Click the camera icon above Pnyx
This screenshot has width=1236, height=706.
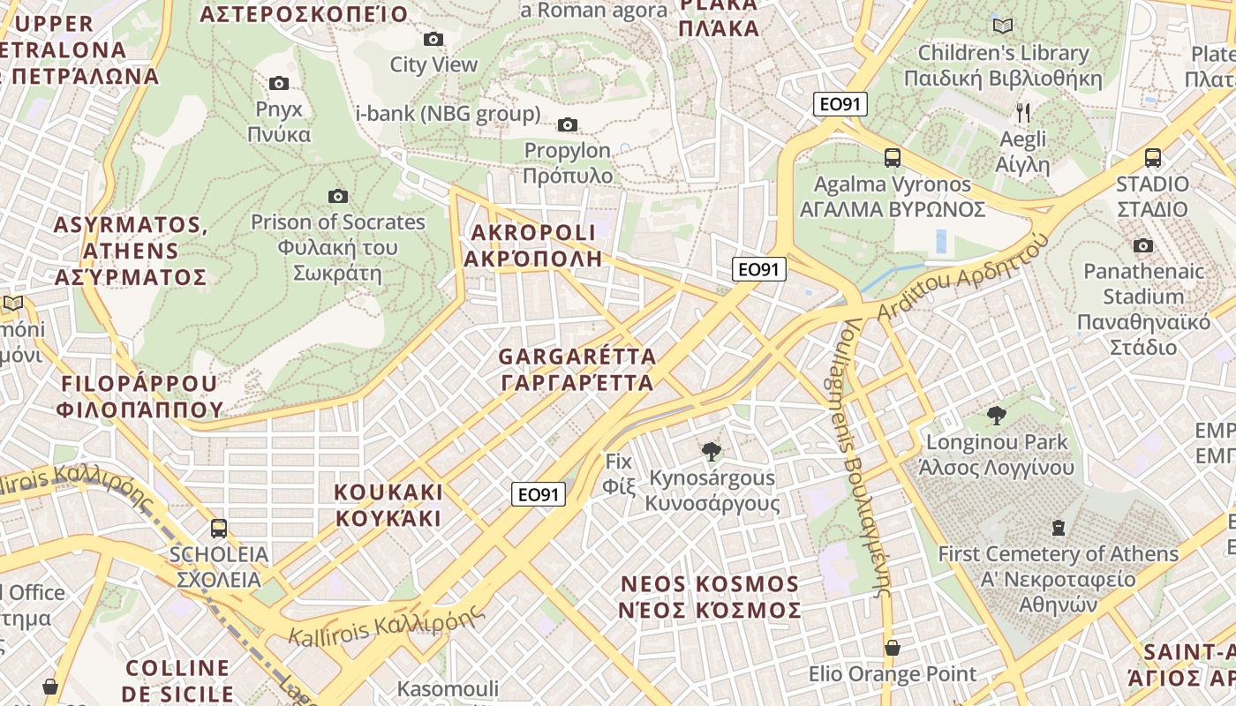click(279, 84)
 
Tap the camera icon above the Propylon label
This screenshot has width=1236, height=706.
click(568, 124)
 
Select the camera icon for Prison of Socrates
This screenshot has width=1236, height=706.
click(337, 196)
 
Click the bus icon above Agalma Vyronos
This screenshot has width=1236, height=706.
click(893, 158)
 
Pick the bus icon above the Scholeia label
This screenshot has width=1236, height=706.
click(219, 529)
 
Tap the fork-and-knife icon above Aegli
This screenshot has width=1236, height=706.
click(1022, 112)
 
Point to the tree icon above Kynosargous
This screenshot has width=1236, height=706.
click(711, 452)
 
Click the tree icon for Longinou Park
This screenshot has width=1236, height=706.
click(997, 416)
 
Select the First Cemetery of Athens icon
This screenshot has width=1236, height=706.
click(1058, 528)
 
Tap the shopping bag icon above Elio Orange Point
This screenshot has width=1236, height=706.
click(893, 648)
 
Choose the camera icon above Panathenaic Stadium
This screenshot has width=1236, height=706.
click(1143, 245)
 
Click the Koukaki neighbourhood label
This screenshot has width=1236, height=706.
click(388, 505)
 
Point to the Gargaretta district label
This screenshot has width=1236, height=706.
click(577, 370)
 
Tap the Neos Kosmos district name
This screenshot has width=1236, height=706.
click(710, 597)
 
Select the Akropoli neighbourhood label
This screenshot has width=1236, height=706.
click(533, 245)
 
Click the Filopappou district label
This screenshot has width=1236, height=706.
click(139, 396)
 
